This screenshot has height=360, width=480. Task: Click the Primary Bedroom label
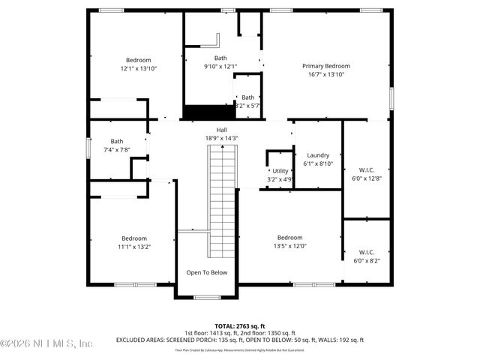[x=326, y=66]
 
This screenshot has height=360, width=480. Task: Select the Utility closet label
[x=280, y=171]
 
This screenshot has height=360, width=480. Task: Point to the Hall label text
[x=221, y=130]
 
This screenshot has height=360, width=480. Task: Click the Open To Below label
[x=206, y=272]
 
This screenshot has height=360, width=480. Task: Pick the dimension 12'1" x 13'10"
[x=138, y=68]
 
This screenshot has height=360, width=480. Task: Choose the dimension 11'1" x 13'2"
[x=134, y=246]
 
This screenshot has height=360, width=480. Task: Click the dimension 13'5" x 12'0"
[x=289, y=245]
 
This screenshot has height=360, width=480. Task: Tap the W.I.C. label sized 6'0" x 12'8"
[x=367, y=169]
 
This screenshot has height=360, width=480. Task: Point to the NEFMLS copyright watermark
[x=46, y=343]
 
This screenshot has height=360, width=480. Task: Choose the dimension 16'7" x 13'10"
[x=326, y=74]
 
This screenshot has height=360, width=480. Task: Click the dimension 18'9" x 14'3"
[x=221, y=138]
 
